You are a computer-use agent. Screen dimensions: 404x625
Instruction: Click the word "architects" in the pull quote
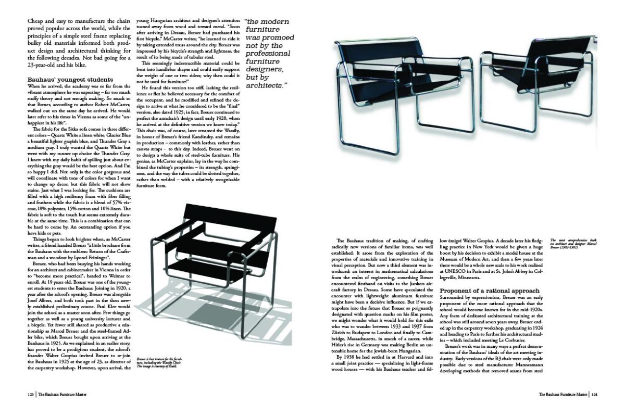(266, 84)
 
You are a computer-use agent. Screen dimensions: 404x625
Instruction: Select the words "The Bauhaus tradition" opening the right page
(362, 240)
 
